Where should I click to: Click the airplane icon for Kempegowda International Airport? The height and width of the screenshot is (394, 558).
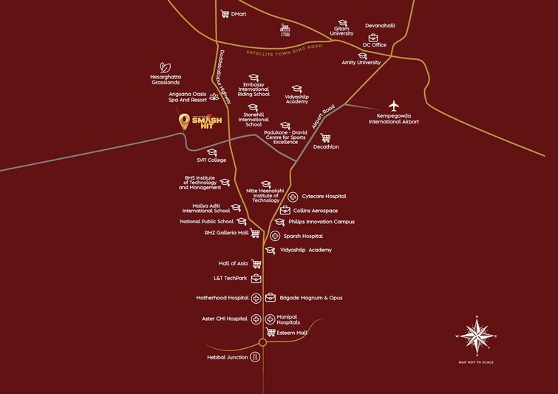click(x=394, y=105)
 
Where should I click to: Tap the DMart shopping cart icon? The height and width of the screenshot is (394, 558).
click(x=224, y=13)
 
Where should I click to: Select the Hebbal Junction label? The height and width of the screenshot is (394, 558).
click(x=227, y=357)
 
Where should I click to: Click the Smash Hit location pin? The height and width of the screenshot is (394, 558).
click(x=184, y=122)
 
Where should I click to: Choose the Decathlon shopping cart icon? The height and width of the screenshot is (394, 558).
click(x=325, y=137)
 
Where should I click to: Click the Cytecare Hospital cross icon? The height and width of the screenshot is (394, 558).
click(x=293, y=197)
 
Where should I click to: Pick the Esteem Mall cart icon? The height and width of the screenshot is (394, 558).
click(x=271, y=333)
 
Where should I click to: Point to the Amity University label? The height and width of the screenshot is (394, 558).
click(x=361, y=63)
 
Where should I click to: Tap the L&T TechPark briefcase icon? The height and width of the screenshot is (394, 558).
click(x=256, y=279)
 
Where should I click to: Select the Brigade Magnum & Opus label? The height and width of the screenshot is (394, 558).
click(x=310, y=298)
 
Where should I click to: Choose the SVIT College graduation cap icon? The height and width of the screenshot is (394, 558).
click(x=211, y=152)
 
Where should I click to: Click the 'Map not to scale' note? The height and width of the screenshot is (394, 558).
click(x=476, y=362)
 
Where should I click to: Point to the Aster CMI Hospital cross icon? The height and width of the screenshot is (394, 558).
click(x=256, y=319)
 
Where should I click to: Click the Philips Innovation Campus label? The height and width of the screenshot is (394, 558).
click(x=321, y=222)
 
